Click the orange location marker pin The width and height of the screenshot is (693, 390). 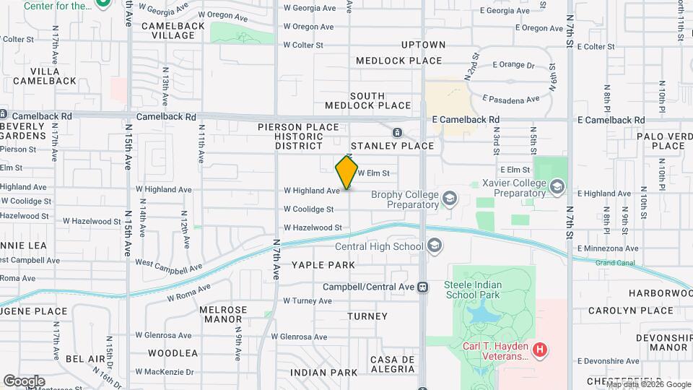pos(346,172)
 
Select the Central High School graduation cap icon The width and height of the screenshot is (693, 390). pos(435,247)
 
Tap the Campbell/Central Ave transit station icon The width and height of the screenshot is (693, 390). pos(423,287)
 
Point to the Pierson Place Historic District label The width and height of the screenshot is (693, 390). pos(298,136)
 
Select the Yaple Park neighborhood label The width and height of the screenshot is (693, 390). pos(323,265)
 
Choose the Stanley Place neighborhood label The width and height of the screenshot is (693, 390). pos(392,146)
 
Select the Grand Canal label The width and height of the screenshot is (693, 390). pos(615,263)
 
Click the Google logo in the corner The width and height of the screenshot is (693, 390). pos(24,381)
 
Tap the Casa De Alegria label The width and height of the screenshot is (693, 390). pos(393,365)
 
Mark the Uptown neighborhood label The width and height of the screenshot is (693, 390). pos(423,45)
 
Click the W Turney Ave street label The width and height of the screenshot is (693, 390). pos(307,300)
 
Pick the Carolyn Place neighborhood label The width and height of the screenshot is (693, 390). pos(630,311)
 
